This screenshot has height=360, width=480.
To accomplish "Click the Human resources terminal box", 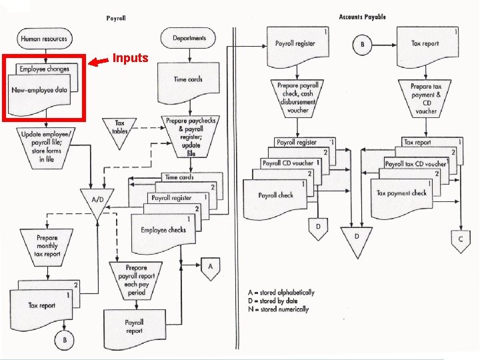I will pyautogui.click(x=45, y=39).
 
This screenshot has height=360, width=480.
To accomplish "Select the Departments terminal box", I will pyautogui.click(x=189, y=38).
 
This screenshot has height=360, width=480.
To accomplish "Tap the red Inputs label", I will pyautogui.click(x=130, y=58).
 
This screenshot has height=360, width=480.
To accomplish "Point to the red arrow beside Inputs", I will pyautogui.click(x=99, y=61).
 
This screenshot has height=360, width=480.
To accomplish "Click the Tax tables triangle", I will pyautogui.click(x=120, y=128).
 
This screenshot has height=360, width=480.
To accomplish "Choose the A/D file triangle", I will pyautogui.click(x=97, y=201).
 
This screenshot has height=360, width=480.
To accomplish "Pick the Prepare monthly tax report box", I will pyautogui.click(x=47, y=246).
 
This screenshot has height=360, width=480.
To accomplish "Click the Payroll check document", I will pyautogui.click(x=275, y=198).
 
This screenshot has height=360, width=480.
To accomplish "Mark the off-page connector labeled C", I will pyautogui.click(x=460, y=239).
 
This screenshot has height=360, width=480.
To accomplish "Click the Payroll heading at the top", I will pyautogui.click(x=116, y=18).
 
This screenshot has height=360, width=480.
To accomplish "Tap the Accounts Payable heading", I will pyautogui.click(x=362, y=17).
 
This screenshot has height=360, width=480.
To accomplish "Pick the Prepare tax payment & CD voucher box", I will pyautogui.click(x=426, y=99).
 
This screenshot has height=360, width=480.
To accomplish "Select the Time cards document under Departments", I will pyautogui.click(x=188, y=82).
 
